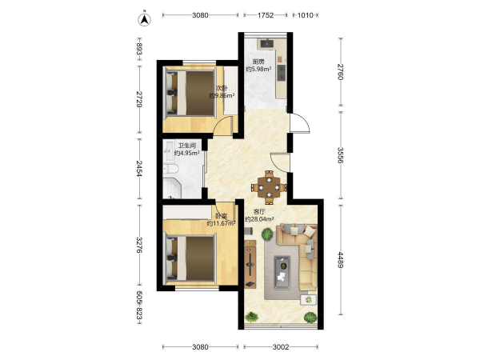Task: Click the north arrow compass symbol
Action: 145,19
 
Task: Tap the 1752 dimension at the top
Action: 266,15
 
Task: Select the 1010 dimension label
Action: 306,15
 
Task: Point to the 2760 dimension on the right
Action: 341,72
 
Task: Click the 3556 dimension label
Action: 341,155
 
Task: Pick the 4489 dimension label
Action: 341,259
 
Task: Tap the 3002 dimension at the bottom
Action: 281,347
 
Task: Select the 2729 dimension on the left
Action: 139,99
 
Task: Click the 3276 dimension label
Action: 139,245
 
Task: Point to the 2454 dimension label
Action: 139,168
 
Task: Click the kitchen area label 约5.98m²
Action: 258,69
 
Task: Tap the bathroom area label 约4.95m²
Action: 187,153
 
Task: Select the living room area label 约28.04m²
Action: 259,219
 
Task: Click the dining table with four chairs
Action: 269,187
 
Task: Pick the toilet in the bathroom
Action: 170,169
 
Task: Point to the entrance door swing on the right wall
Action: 300,123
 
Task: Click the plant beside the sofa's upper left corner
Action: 267,234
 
